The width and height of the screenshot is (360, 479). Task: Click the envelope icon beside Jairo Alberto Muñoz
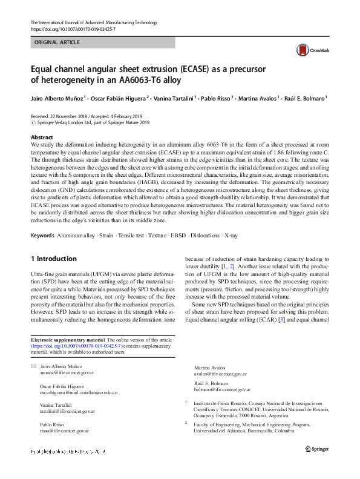pos(33,368)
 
